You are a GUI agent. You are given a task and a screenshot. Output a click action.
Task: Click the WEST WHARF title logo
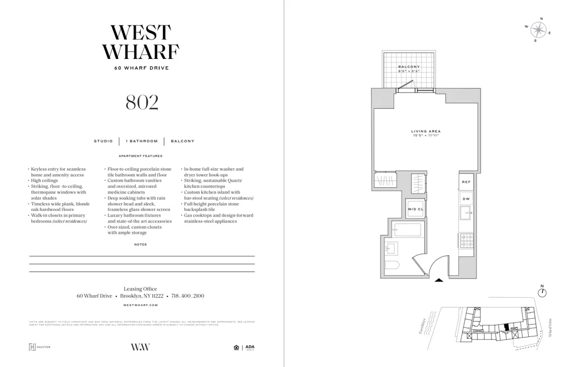(141, 43)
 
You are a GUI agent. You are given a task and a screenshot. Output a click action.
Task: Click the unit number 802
(141, 102)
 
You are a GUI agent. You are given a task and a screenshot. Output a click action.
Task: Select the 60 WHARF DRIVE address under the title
(141, 68)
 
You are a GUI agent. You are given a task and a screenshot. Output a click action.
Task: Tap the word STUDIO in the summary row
(103, 141)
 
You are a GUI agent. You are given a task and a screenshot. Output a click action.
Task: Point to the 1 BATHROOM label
(141, 141)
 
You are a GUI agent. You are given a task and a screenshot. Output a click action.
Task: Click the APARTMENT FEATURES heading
(140, 156)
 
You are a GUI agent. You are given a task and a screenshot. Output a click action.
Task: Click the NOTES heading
(140, 244)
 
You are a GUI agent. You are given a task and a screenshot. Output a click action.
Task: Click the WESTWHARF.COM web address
(140, 305)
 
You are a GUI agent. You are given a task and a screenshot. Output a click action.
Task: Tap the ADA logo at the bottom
(250, 347)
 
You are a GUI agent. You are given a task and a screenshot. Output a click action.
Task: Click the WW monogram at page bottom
(140, 347)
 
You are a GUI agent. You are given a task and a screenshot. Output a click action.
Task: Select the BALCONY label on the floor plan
(409, 67)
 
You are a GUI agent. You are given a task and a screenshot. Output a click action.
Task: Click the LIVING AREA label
(426, 132)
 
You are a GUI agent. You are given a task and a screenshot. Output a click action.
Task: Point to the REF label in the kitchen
(466, 182)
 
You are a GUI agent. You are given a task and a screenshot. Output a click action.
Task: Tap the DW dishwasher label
(466, 199)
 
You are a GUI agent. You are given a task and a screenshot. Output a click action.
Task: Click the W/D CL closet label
(415, 209)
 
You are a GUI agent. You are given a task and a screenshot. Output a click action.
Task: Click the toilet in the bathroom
(392, 265)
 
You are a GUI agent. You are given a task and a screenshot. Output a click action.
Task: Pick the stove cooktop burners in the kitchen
(467, 241)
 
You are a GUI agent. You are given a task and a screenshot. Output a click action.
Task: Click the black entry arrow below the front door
(439, 280)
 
